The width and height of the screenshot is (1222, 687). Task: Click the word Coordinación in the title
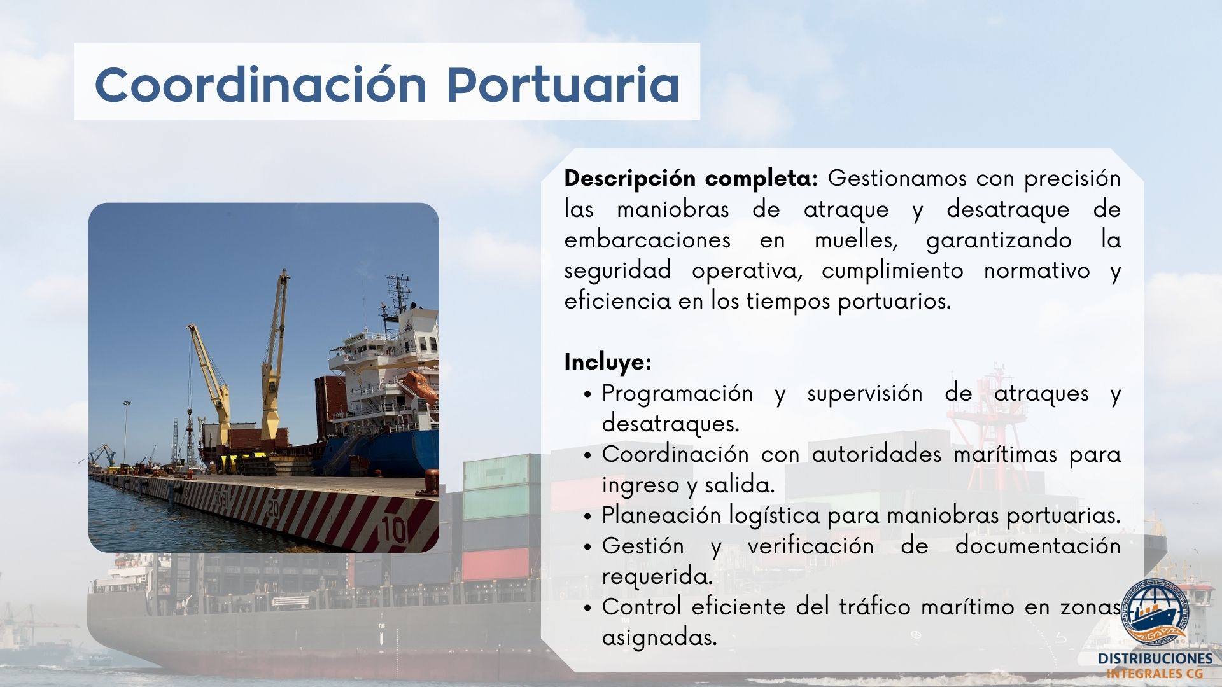point(260,84)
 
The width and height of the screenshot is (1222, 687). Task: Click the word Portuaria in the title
point(563,84)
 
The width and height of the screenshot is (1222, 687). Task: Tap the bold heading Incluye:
point(608,363)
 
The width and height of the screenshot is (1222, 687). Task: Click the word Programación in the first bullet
point(677,394)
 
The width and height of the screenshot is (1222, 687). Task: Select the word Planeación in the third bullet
point(660,515)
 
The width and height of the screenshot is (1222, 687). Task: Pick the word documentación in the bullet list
point(1037,546)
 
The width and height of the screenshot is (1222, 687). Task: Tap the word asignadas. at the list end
point(659,638)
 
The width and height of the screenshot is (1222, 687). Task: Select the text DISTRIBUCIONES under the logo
point(1155,658)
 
